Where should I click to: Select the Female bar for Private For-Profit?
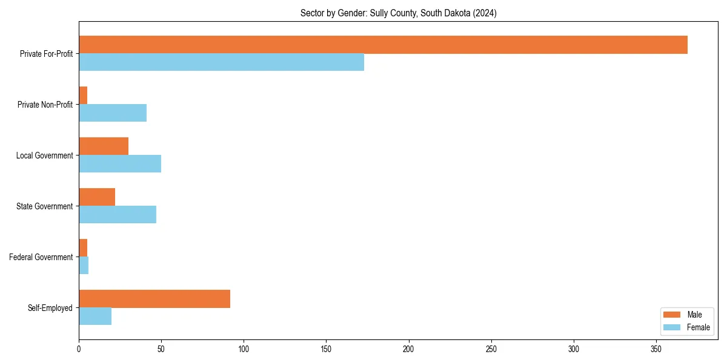click(x=221, y=62)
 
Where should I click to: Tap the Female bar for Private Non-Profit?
click(x=113, y=113)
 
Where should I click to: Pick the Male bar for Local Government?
click(x=104, y=146)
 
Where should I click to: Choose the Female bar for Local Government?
click(x=120, y=164)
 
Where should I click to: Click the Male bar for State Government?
click(x=97, y=197)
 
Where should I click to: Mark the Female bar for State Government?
click(x=118, y=215)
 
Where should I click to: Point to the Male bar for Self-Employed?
click(x=154, y=299)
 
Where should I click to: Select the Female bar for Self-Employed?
click(x=95, y=316)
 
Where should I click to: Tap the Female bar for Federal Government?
click(x=84, y=266)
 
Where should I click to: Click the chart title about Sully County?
click(x=398, y=13)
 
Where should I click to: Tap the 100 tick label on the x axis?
click(x=244, y=349)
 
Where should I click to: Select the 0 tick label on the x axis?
click(x=79, y=349)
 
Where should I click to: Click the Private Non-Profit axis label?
click(x=45, y=105)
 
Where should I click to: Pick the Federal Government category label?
click(x=41, y=257)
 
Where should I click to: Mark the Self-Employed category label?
click(x=50, y=308)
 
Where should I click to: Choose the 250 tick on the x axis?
click(x=491, y=349)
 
